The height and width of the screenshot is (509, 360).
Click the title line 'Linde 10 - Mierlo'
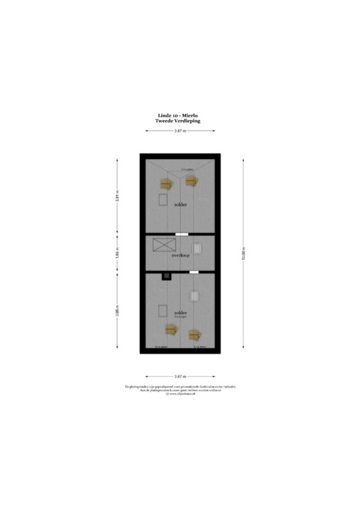coord(179,115)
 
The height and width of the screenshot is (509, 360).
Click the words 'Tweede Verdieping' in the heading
coord(179,121)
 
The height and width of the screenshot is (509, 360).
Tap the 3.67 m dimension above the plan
coord(180,131)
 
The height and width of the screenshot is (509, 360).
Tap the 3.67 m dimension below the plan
coord(180,376)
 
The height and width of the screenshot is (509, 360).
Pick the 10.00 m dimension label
coord(243,254)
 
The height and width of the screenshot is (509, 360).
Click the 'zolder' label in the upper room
coord(180,205)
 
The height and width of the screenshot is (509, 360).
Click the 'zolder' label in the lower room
coord(180,312)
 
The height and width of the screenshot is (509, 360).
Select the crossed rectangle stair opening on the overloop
coord(161,245)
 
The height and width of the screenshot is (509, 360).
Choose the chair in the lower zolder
coord(196,296)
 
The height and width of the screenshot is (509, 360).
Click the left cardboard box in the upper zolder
coord(165,184)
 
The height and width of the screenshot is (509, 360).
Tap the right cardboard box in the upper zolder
coord(192,179)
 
